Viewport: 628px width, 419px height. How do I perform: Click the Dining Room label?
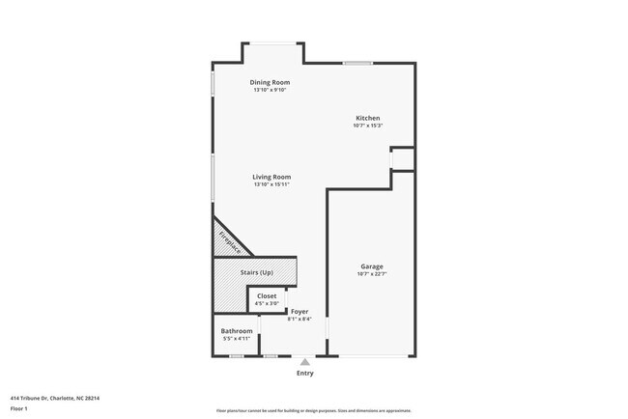click(270, 82)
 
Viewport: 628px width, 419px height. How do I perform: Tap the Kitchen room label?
click(367, 118)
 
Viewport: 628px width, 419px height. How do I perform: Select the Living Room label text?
click(271, 177)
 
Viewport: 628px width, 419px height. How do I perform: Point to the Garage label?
click(372, 265)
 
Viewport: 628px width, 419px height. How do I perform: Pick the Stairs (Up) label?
click(256, 272)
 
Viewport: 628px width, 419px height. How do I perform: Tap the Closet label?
click(267, 295)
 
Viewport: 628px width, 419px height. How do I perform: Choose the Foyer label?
click(300, 311)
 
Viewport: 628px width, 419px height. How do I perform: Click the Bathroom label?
click(237, 330)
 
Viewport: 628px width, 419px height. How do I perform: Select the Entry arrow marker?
click(304, 361)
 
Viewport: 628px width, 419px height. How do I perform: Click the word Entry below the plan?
click(304, 373)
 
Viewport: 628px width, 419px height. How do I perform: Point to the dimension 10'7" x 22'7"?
click(372, 273)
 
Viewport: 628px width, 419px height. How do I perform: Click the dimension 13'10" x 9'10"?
click(270, 90)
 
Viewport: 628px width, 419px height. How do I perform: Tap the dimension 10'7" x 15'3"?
click(367, 126)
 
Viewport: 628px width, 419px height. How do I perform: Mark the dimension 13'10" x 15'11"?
click(271, 184)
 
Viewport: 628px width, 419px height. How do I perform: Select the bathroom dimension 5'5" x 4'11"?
click(237, 338)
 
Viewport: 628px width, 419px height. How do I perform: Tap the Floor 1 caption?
click(19, 408)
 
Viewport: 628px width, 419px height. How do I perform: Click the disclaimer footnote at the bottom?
click(313, 410)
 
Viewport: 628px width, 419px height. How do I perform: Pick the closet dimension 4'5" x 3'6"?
click(267, 303)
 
